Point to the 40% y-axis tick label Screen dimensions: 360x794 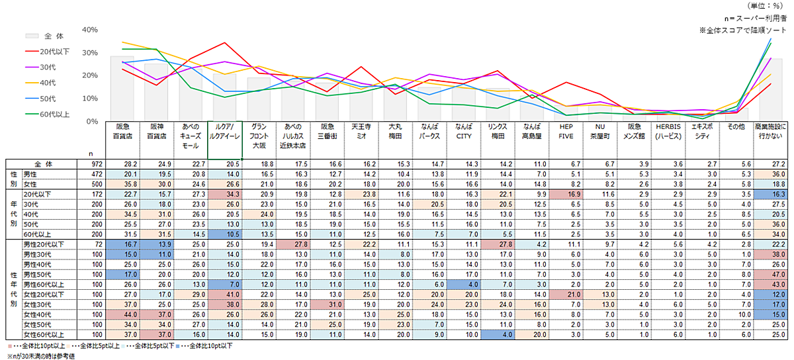[x=90, y=30]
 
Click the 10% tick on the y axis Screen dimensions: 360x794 [x=90, y=99]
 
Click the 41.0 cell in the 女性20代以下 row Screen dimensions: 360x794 [x=226, y=293]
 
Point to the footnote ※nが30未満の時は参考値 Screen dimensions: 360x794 [x=38, y=355]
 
